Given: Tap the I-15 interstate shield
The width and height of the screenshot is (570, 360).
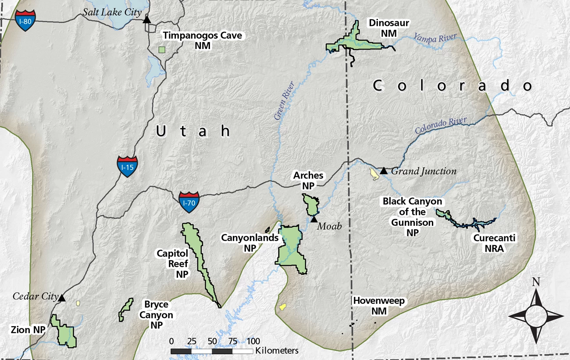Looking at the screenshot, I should click(x=127, y=166).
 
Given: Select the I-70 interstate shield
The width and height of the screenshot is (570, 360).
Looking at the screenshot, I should click(x=189, y=202).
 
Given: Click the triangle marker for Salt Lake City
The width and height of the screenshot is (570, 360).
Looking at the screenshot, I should click(x=147, y=19).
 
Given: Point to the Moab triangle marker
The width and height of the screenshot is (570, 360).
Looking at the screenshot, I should click(x=314, y=219).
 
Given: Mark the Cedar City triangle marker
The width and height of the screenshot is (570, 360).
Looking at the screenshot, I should click(x=62, y=298).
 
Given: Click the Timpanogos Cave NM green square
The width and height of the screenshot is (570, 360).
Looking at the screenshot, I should click(x=162, y=50).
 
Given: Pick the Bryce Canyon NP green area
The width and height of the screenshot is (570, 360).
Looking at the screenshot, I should click(x=126, y=310).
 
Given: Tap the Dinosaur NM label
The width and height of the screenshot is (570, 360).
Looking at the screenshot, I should click(x=383, y=28).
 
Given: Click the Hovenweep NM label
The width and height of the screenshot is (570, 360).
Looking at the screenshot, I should click(x=379, y=306).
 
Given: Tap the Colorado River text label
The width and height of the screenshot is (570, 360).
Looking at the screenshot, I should click(x=441, y=125).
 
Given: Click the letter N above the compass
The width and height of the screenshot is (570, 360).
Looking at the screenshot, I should click(x=536, y=282).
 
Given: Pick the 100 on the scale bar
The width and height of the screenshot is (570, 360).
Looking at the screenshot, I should click(x=253, y=341).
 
